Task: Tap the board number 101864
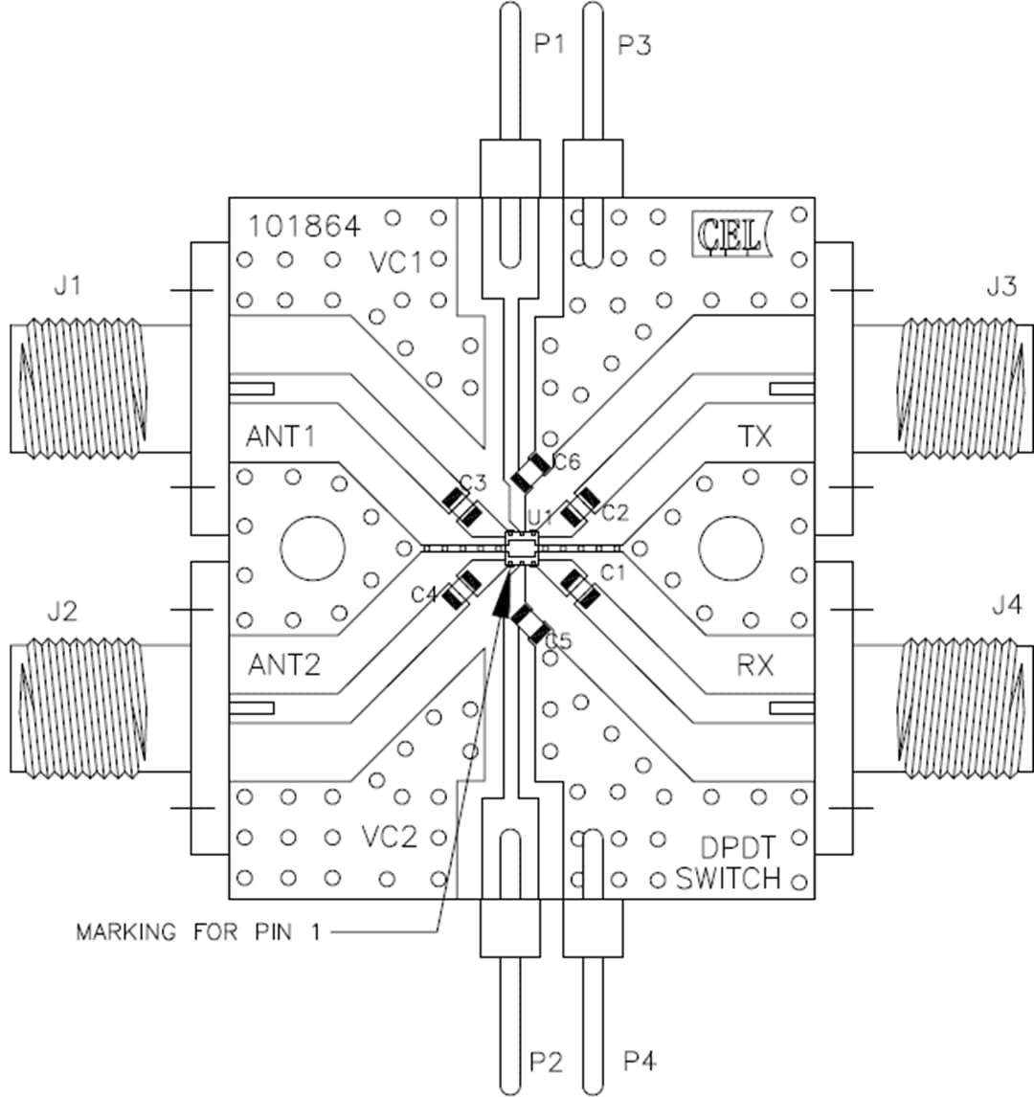pyautogui.click(x=304, y=227)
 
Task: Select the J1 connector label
pyautogui.click(x=66, y=285)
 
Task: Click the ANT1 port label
pyautogui.click(x=281, y=437)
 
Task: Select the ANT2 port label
pyautogui.click(x=284, y=664)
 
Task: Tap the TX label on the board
pyautogui.click(x=754, y=437)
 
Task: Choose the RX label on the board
pyautogui.click(x=754, y=664)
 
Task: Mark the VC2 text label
pyautogui.click(x=390, y=838)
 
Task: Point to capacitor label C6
pyautogui.click(x=567, y=462)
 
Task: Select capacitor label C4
pyautogui.click(x=424, y=595)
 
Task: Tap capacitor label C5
pyautogui.click(x=557, y=640)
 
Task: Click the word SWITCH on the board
pyautogui.click(x=728, y=878)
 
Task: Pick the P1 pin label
pyautogui.click(x=549, y=45)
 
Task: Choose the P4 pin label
pyautogui.click(x=639, y=1062)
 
